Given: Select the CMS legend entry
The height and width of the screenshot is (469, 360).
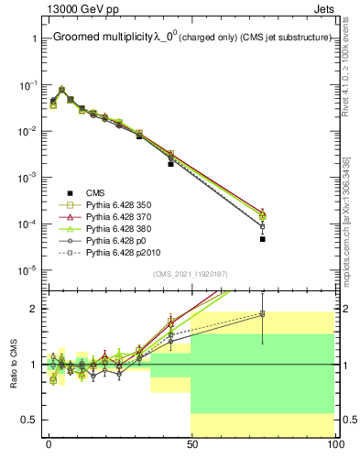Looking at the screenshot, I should tap(96, 192).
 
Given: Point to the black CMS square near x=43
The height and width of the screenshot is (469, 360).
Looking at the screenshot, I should tap(170, 164).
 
